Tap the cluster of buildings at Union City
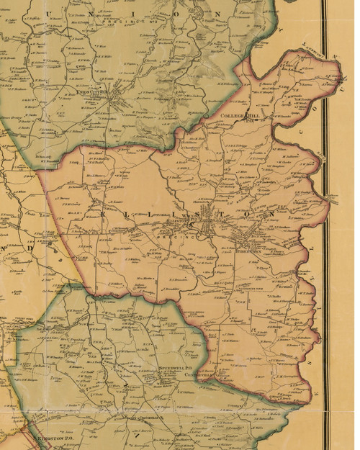(115, 102)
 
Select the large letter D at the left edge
(6, 246)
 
